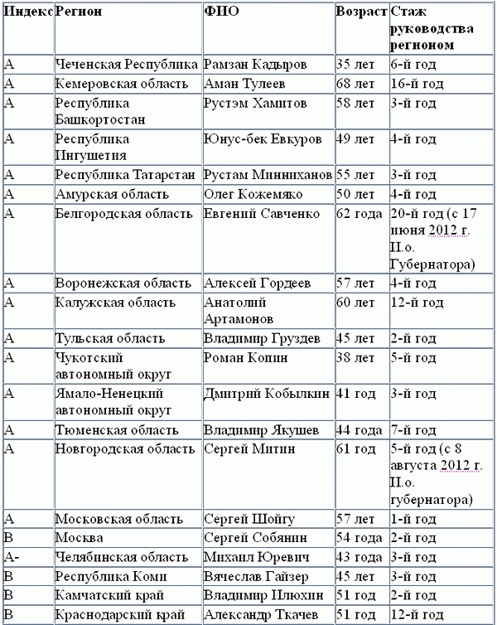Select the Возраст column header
pyautogui.click(x=361, y=12)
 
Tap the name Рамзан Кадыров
pyautogui.click(x=250, y=64)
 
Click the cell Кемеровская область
pyautogui.click(x=116, y=84)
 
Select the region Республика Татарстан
pyautogui.click(x=125, y=175)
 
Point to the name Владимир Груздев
pyautogui.click(x=259, y=338)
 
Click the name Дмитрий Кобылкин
pyautogui.click(x=267, y=394)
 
